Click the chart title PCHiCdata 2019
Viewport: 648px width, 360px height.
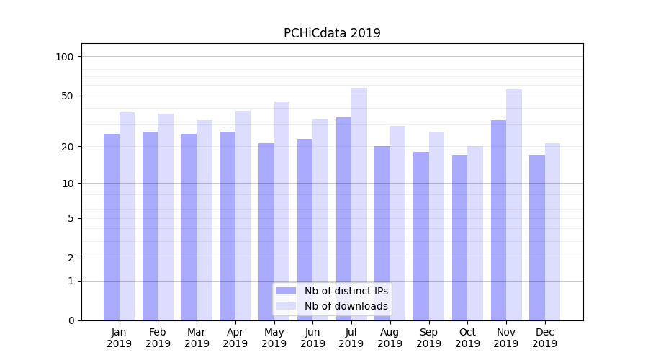(x=332, y=33)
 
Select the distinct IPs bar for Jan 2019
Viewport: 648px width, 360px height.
(x=112, y=227)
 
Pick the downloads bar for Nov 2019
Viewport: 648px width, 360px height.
(x=514, y=204)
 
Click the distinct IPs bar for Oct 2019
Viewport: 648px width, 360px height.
(x=459, y=238)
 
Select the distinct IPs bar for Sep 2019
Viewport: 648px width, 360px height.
(x=421, y=236)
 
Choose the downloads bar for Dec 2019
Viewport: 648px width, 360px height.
(x=552, y=232)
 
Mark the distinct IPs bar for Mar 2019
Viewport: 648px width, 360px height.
(x=189, y=227)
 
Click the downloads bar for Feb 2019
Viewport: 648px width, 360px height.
(x=166, y=217)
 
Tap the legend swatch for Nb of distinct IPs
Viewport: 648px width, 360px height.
(x=287, y=291)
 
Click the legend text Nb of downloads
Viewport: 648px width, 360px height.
(x=346, y=306)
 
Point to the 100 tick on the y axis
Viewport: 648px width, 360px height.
(x=65, y=57)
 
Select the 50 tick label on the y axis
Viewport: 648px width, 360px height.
(x=68, y=96)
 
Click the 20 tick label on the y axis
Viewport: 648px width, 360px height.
(x=68, y=147)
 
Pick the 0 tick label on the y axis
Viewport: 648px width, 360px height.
(x=71, y=320)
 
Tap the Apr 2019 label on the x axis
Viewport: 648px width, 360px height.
(x=235, y=338)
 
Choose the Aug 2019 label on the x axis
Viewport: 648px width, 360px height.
(x=390, y=338)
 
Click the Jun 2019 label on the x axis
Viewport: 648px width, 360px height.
(x=312, y=338)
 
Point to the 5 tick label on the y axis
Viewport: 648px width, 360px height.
(x=71, y=218)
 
